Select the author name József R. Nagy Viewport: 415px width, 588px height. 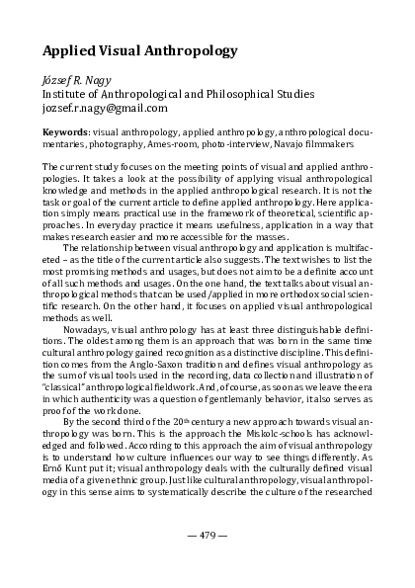click(x=76, y=81)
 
